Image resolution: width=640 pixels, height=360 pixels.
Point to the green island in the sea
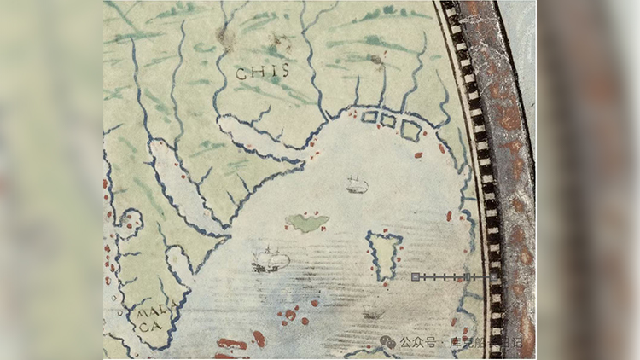(x=308, y=223)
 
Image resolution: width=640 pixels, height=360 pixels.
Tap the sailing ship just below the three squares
(x=357, y=183)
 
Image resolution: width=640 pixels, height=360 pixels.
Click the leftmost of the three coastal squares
(x=370, y=117)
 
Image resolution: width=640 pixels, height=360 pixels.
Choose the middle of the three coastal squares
(x=388, y=121)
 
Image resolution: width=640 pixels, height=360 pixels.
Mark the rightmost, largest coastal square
(x=410, y=130)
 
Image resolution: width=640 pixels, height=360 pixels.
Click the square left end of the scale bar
(x=416, y=277)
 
